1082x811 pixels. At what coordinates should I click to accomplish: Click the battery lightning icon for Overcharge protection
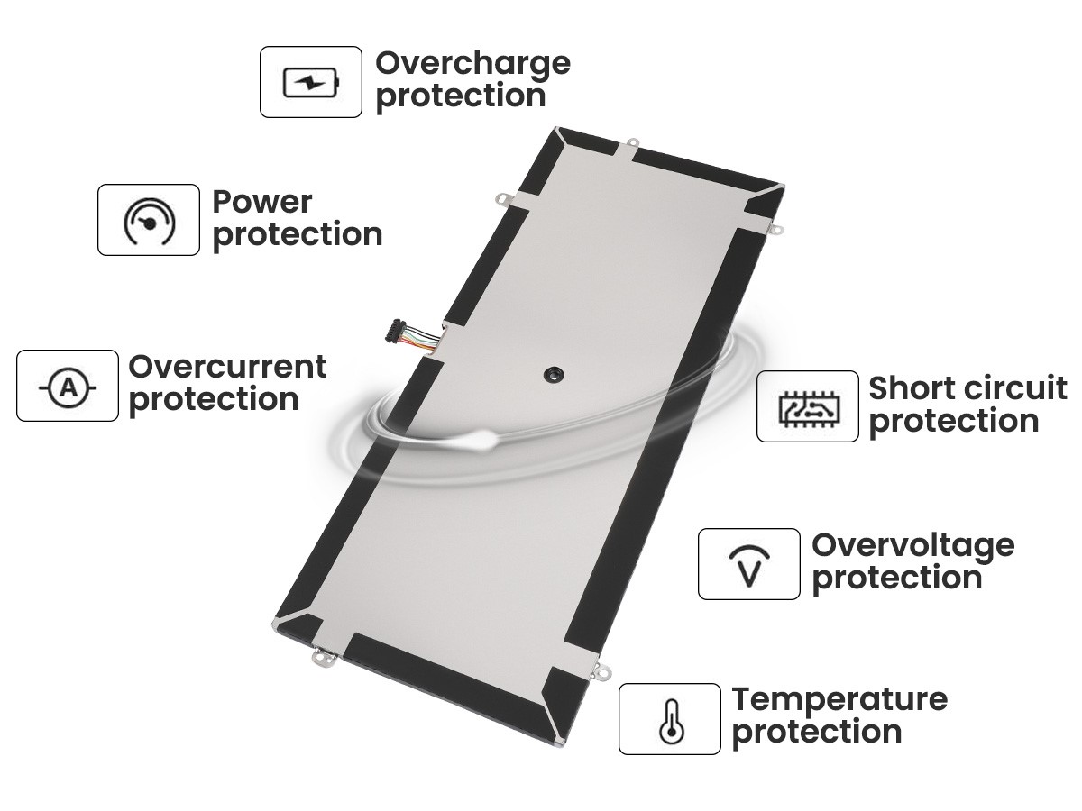point(311,82)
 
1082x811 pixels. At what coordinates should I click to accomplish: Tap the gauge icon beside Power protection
point(150,221)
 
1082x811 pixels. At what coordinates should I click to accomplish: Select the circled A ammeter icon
point(68,388)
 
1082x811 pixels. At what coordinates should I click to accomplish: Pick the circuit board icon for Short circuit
point(809,408)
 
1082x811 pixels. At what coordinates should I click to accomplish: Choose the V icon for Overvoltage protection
point(749,566)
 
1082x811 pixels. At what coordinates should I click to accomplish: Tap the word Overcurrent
point(228,367)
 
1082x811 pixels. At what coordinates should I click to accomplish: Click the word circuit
point(1012,388)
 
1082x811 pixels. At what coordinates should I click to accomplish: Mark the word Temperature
point(839,701)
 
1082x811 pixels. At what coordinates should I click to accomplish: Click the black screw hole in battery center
point(554,375)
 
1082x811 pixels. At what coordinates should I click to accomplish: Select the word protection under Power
point(298,236)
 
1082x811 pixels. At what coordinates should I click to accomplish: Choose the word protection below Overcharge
point(461,97)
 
